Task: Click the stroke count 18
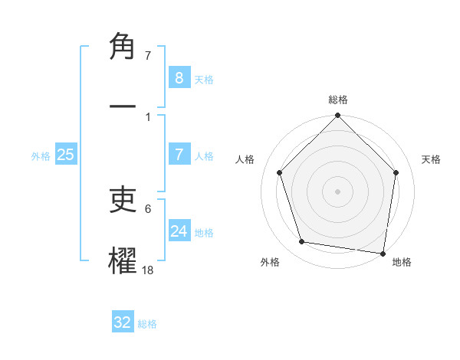coord(148,270)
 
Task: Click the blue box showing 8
coord(179,78)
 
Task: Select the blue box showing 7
coord(179,155)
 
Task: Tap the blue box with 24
coord(179,231)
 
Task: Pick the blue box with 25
coord(66,155)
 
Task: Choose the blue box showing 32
coord(123,322)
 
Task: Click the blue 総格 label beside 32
coord(147,324)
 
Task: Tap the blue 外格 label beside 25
coord(41,156)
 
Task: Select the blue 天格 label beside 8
coord(204,80)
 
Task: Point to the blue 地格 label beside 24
coord(204,233)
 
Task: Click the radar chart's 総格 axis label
coord(338,100)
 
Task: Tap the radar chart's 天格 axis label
coord(431,159)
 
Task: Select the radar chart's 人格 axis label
coord(245,159)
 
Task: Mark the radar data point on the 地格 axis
coord(383,253)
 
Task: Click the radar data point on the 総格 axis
coord(338,116)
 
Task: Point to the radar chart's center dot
coord(338,191)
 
